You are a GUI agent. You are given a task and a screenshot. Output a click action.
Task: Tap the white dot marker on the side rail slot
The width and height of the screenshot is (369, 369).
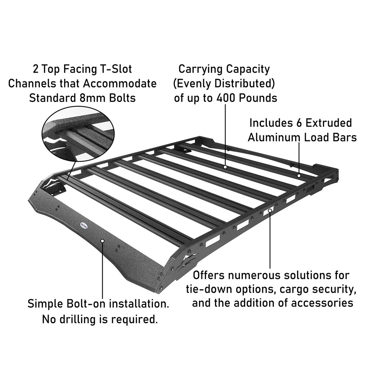pyautogui.click(x=270, y=210)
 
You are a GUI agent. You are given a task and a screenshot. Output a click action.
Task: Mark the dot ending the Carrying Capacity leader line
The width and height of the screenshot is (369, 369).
pyautogui.click(x=225, y=167)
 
